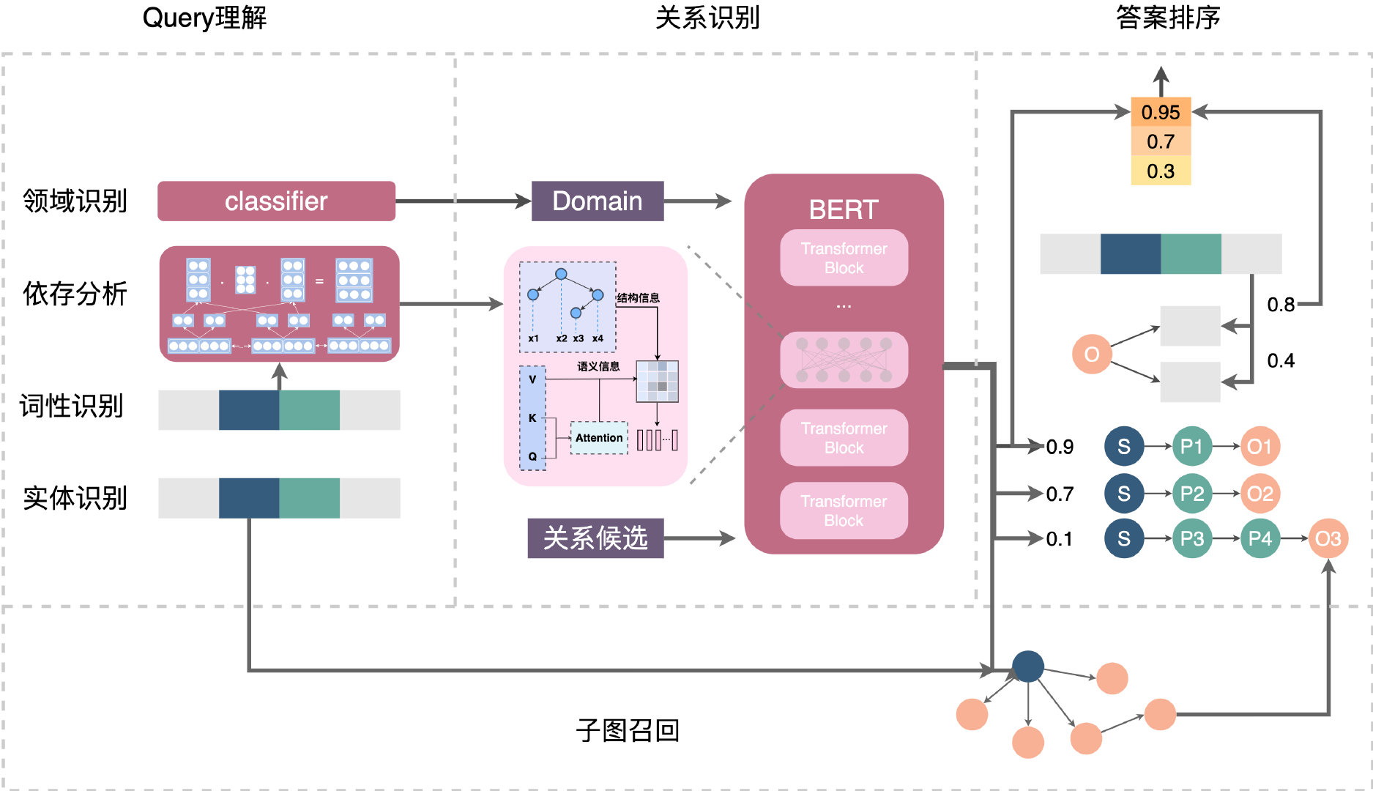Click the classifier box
[x=276, y=201]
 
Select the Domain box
[x=597, y=201]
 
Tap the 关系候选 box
[x=595, y=538]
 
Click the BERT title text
[x=843, y=210]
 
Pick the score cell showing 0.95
[x=1161, y=112]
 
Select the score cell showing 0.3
[x=1161, y=171]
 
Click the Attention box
[x=599, y=438]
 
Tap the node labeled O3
[x=1328, y=539]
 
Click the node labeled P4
[x=1259, y=539]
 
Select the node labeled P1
[x=1191, y=447]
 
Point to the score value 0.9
[x=1060, y=447]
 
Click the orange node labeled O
[x=1091, y=354]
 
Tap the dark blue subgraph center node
[x=1028, y=666]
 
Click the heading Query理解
[x=204, y=18]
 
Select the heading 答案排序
[x=1168, y=18]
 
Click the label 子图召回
[x=628, y=730]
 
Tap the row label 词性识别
[x=72, y=406]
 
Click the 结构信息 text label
[x=638, y=298]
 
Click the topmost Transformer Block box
[x=844, y=258]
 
